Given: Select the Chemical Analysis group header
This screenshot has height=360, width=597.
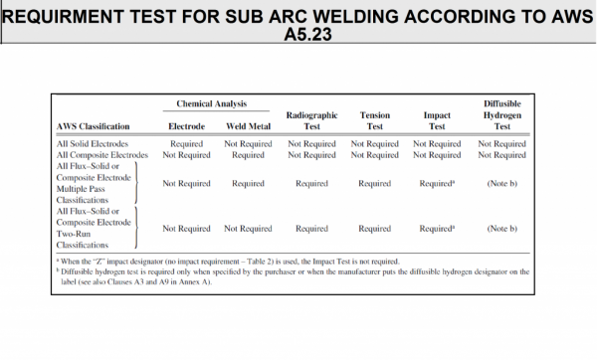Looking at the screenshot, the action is coord(211,104).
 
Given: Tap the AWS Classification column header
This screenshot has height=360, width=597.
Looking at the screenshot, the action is coord(95,127).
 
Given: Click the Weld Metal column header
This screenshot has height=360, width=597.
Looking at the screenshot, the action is coord(248,127).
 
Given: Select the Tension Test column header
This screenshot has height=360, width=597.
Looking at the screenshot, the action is coord(374,121).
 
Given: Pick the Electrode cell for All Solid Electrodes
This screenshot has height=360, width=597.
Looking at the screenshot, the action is coord(187,144).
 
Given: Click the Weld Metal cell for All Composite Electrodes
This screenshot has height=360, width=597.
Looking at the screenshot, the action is coord(248,155).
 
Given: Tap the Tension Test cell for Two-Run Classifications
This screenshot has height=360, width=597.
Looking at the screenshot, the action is coord(374,229).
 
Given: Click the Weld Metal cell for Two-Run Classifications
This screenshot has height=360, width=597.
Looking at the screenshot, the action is coord(248,229).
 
